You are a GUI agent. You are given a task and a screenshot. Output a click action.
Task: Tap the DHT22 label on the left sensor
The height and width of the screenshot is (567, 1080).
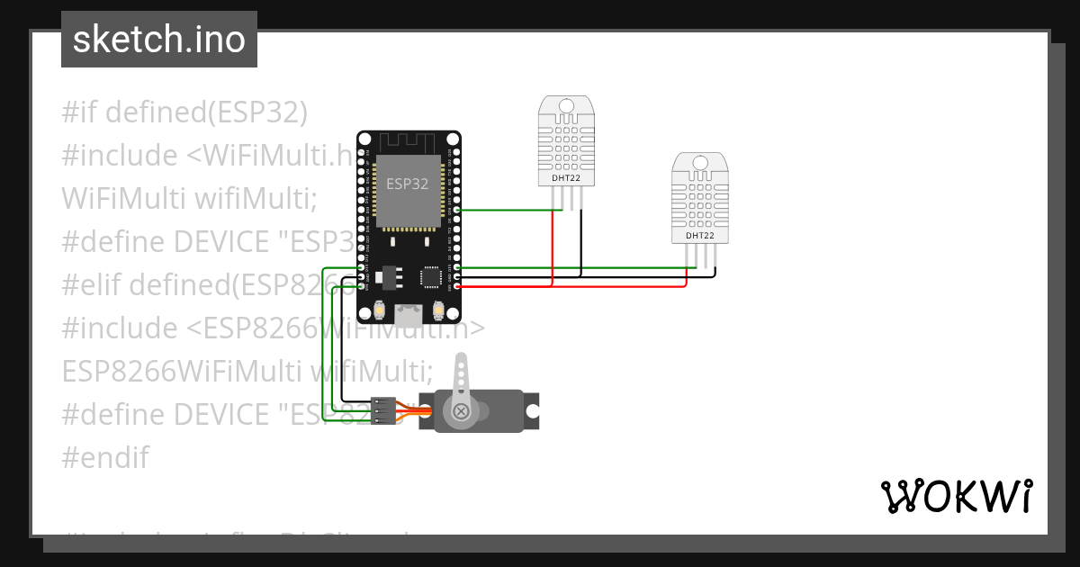pyautogui.click(x=566, y=178)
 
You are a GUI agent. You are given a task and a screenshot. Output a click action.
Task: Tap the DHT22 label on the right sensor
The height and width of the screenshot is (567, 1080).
pyautogui.click(x=700, y=236)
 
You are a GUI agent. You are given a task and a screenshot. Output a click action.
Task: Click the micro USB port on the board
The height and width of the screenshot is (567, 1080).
pyautogui.click(x=409, y=315)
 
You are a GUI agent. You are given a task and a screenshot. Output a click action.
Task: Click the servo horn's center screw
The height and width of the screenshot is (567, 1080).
pyautogui.click(x=462, y=411)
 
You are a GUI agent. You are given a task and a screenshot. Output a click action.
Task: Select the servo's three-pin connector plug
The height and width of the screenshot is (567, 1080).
pyautogui.click(x=383, y=411)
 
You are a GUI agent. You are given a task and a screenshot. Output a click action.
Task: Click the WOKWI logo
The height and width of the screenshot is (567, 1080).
pyautogui.click(x=957, y=496)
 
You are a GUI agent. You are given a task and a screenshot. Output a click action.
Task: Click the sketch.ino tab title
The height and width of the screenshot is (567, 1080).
pyautogui.click(x=159, y=39)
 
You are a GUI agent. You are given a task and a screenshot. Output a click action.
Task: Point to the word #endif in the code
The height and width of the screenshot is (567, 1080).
pyautogui.click(x=105, y=457)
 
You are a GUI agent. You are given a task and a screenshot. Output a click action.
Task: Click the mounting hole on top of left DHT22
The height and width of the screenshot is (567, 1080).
pyautogui.click(x=566, y=106)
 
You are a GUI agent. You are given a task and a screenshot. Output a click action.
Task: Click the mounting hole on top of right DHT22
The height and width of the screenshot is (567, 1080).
pyautogui.click(x=700, y=163)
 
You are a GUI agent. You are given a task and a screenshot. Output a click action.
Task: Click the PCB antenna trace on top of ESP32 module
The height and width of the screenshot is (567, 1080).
pyautogui.click(x=409, y=142)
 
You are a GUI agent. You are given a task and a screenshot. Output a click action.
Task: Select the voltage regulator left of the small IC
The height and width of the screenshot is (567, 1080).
pyautogui.click(x=389, y=274)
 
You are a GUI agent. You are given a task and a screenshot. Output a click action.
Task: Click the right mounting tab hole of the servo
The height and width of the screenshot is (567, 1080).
pyautogui.click(x=532, y=411)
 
